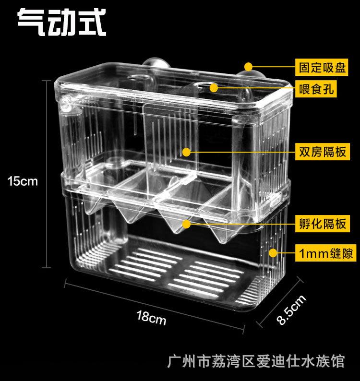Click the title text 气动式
coord(62,23)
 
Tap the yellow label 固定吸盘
coord(322,67)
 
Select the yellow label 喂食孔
coord(316,89)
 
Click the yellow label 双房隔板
coord(323,152)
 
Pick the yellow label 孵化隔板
coord(323,224)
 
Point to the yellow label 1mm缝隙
coord(325,253)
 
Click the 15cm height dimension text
coord(23,181)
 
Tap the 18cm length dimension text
coord(151,318)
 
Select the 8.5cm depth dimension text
coord(291,310)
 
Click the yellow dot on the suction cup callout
coord(249,67)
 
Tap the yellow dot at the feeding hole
coord(214,88)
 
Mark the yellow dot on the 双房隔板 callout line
coord(186,152)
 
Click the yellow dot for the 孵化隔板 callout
coord(186,224)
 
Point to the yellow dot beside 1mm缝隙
coord(273,253)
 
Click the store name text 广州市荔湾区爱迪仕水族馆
coord(256,361)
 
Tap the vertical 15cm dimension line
coord(47,174)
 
